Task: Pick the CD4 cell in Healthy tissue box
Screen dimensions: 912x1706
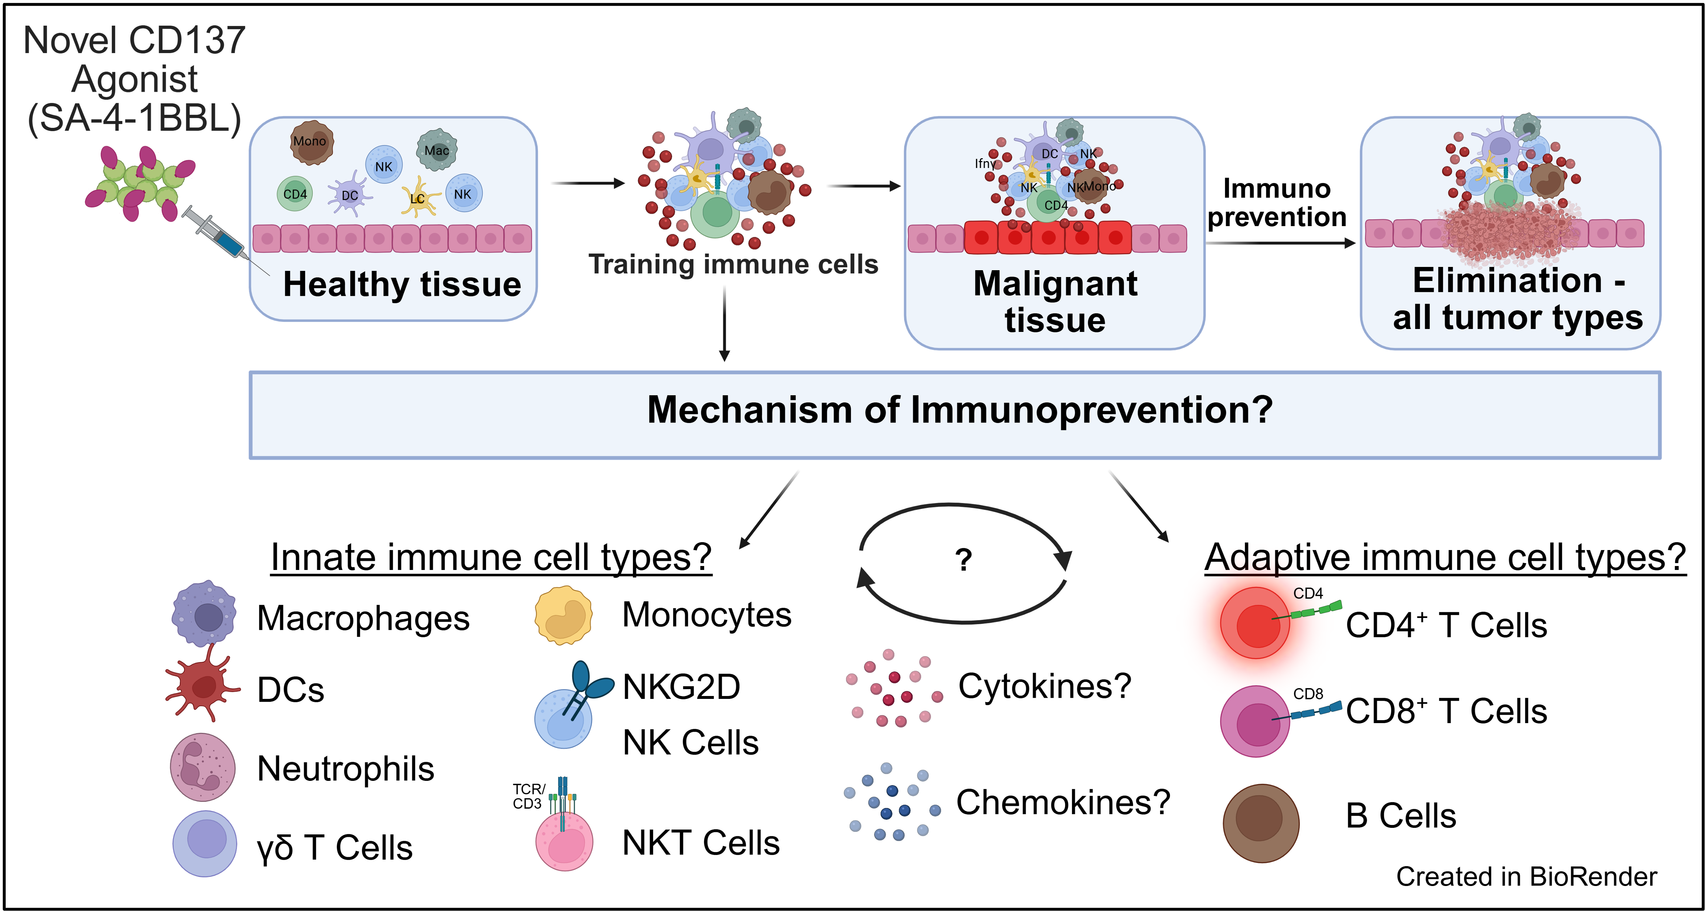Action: (295, 194)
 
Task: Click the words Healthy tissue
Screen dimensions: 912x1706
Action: (402, 284)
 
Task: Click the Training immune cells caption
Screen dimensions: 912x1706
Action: (733, 264)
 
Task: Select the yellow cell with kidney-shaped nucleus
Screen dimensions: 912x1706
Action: (563, 615)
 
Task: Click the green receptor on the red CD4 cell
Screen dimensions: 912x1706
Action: (1315, 611)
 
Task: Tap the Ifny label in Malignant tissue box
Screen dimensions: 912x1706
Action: (985, 163)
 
